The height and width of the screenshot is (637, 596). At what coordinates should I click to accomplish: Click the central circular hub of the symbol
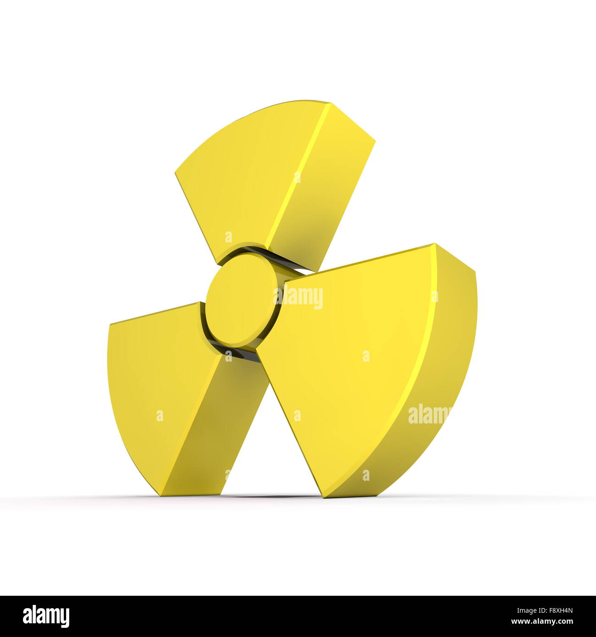[241, 300]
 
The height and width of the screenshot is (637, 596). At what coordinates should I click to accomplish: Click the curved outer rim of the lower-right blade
[454, 348]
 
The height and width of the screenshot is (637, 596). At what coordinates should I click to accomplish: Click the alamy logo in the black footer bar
[46, 616]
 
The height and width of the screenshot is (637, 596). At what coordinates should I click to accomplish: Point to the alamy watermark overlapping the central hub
[298, 298]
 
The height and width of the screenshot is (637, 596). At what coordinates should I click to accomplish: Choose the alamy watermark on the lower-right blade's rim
[429, 415]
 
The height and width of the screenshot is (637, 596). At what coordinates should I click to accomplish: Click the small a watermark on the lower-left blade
[160, 416]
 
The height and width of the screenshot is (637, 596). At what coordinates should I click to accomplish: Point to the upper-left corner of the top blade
[176, 173]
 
